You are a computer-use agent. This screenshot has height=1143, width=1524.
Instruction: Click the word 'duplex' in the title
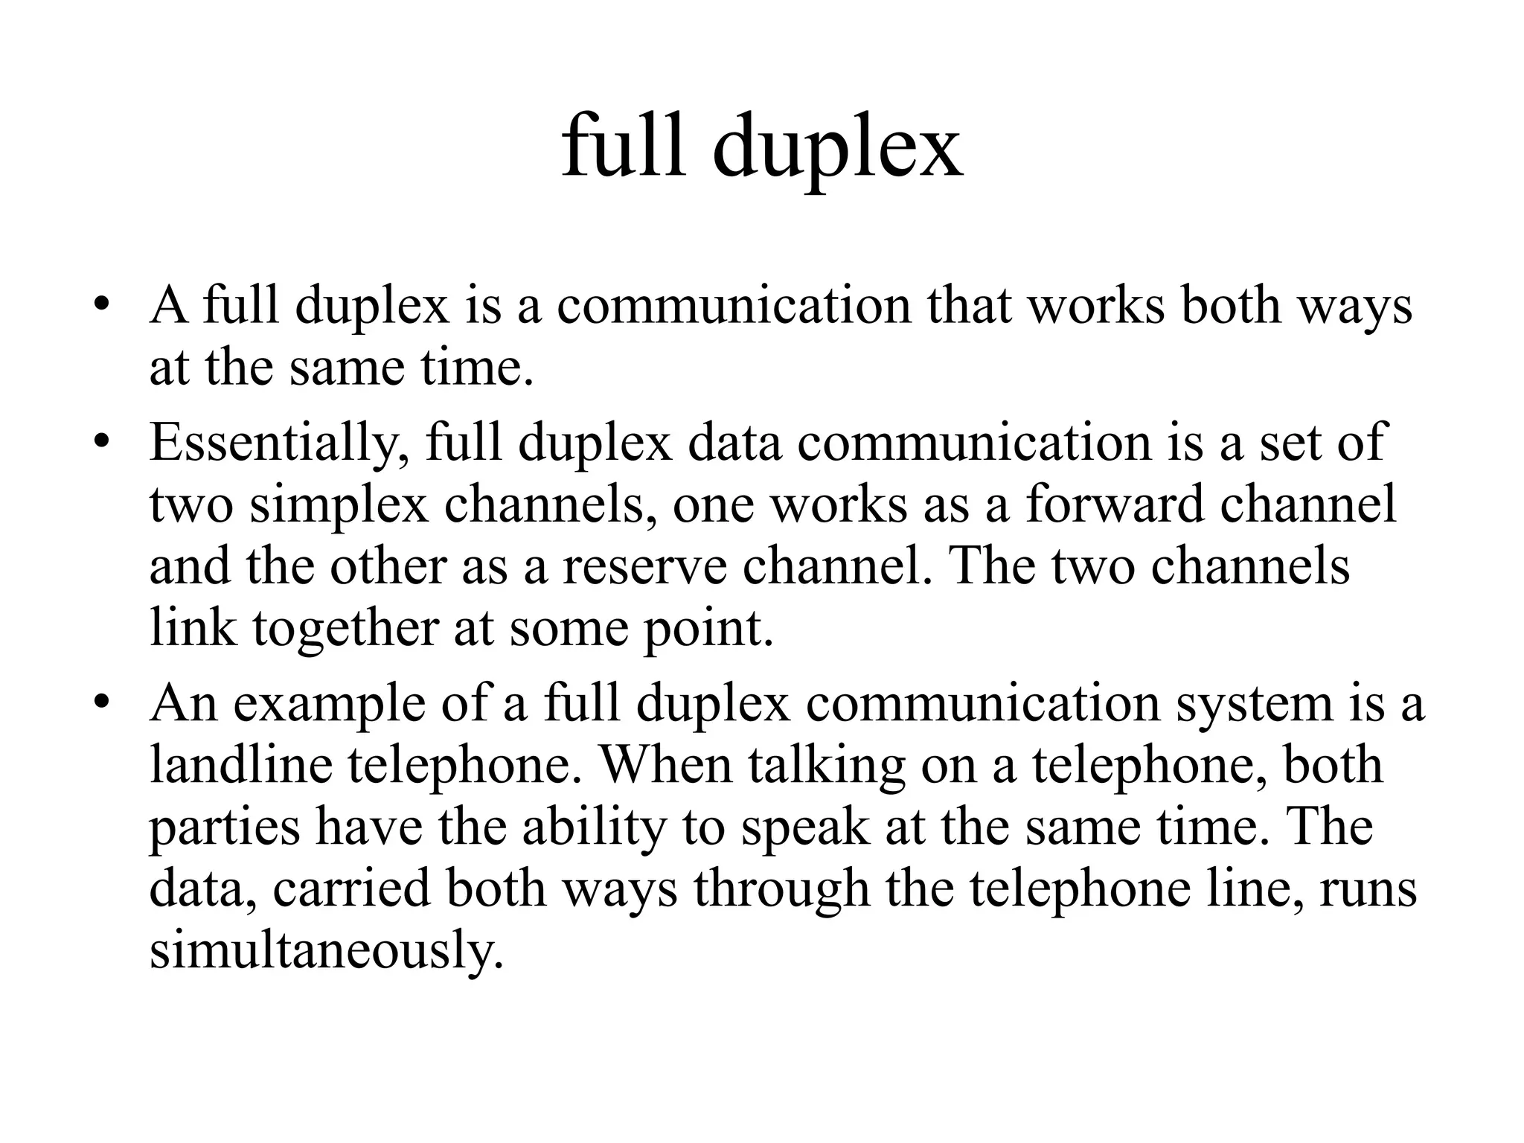coord(837,149)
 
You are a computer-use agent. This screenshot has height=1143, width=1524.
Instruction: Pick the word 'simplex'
coord(339,506)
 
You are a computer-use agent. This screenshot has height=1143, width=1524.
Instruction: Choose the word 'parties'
coord(225,829)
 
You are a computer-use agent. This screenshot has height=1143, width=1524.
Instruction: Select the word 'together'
coord(345,630)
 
